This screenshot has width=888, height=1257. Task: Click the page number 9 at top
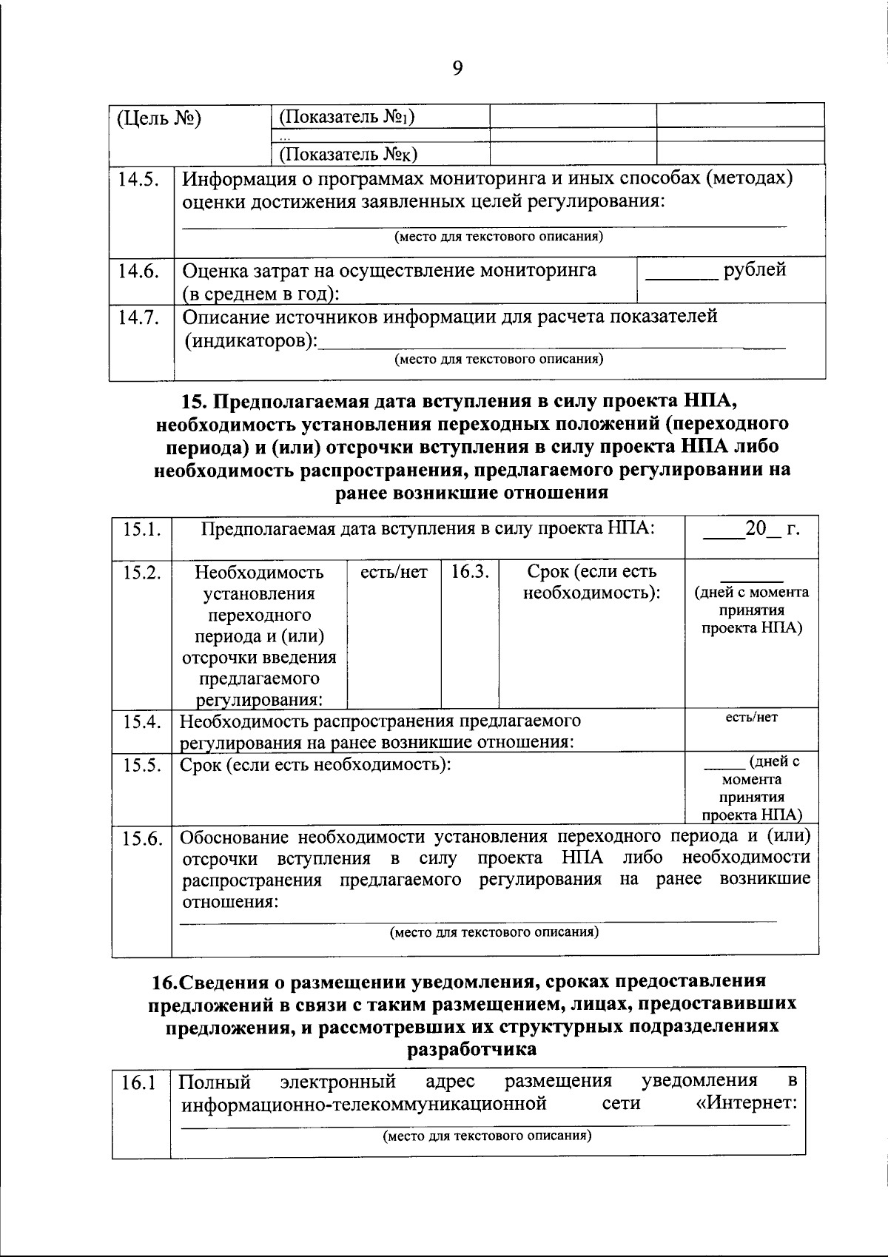click(457, 69)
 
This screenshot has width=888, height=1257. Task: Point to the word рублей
click(755, 270)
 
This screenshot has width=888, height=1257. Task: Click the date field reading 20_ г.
click(752, 530)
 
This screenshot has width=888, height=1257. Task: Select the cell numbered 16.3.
click(470, 572)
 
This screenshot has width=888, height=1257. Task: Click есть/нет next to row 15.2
click(394, 572)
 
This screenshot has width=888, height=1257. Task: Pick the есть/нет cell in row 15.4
click(751, 718)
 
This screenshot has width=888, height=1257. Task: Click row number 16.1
click(138, 1083)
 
